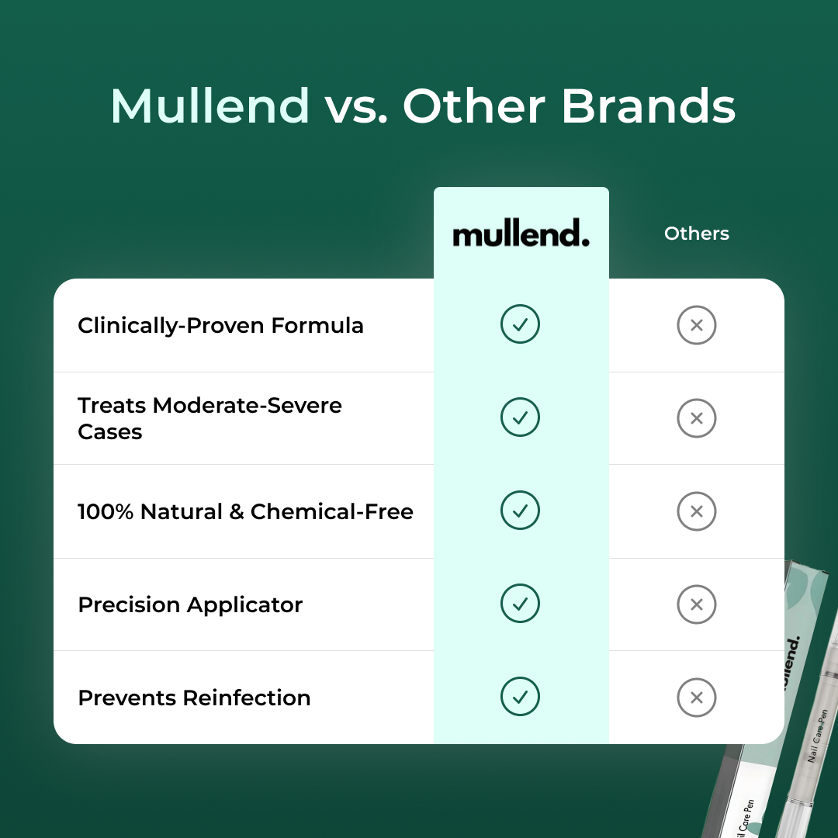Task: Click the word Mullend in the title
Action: pos(210,106)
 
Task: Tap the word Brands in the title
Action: pos(648,106)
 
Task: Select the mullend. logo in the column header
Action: pos(521,234)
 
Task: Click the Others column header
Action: pos(696,234)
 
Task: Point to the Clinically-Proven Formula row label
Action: pos(220,325)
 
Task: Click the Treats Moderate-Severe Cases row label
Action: pos(210,418)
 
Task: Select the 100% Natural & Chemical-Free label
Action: pos(246,511)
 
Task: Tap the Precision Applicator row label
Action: pos(190,605)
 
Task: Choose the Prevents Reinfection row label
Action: pos(195,698)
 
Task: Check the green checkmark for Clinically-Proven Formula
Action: pos(520,324)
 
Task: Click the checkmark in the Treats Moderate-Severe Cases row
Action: pos(520,417)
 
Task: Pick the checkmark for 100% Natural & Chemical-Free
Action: pos(520,511)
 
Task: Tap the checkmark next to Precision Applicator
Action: pos(520,604)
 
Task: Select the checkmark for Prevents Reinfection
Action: pos(520,696)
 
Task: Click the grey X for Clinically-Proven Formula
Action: pos(696,325)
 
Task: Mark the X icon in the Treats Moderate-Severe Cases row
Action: pos(696,418)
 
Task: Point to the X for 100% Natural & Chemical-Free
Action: pos(696,511)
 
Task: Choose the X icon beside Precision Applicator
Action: pos(696,604)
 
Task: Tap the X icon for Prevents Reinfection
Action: pos(696,698)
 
